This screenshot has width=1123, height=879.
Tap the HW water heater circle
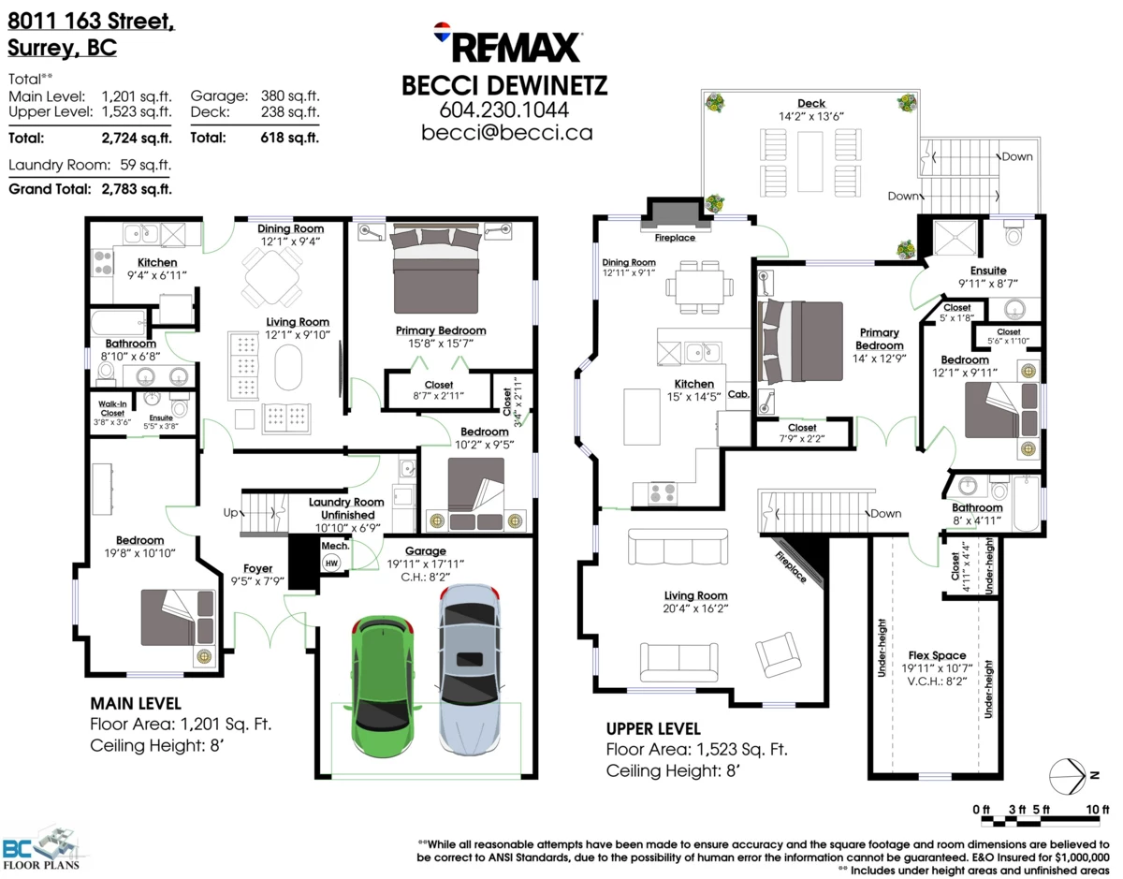point(331,563)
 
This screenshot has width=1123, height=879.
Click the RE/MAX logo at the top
point(506,45)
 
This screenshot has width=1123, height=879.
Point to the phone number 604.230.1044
point(504,110)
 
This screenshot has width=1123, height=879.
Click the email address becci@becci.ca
point(506,133)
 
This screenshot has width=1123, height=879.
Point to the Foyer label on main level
point(258,567)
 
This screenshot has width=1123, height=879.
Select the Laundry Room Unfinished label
point(346,508)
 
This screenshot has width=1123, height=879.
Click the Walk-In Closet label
point(111,408)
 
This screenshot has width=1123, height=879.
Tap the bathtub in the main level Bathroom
point(118,325)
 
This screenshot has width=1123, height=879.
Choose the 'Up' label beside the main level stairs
point(230,513)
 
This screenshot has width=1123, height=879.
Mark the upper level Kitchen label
point(694,384)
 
